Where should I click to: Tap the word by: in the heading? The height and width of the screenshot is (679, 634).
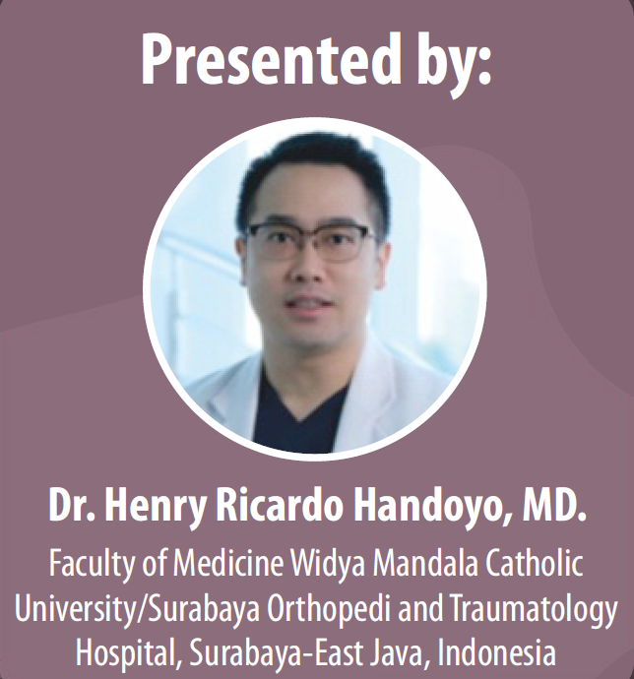point(454,64)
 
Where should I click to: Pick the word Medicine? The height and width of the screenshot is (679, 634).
point(228,562)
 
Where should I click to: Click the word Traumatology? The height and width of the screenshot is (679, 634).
point(533,611)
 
